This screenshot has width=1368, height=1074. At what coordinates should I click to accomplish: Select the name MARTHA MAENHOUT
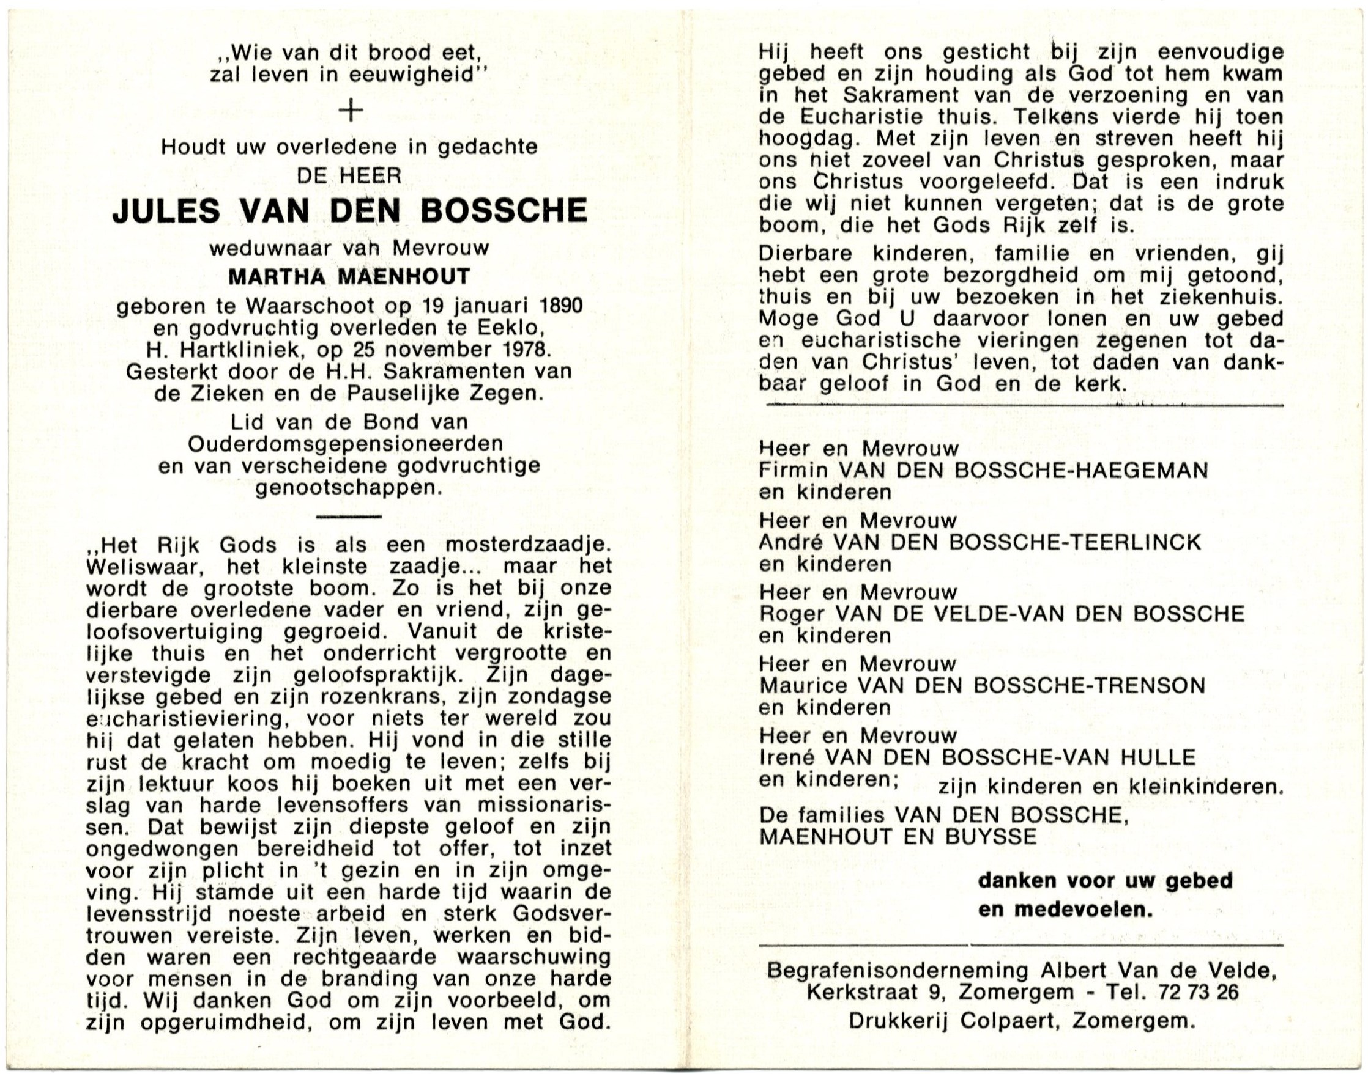[349, 276]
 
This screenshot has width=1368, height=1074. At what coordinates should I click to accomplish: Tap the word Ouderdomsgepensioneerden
[346, 444]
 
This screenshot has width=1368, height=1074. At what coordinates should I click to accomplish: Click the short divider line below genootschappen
[349, 517]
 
